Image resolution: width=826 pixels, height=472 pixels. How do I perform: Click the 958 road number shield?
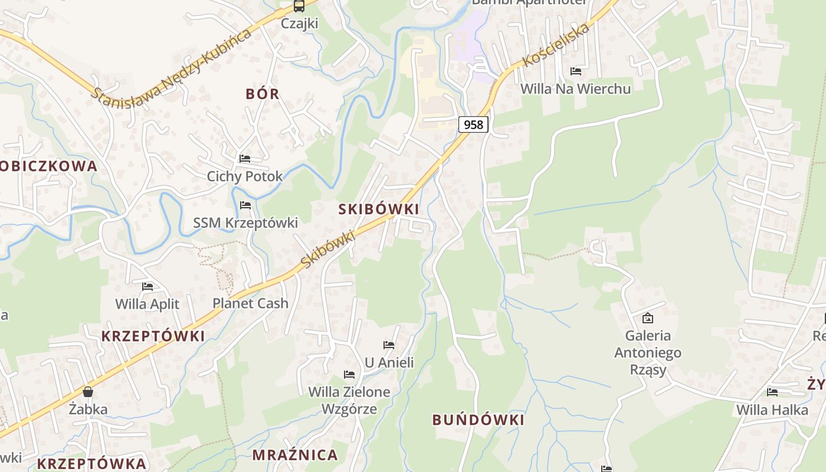[x=473, y=124]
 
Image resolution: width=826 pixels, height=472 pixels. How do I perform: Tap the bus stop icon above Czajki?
[x=299, y=6]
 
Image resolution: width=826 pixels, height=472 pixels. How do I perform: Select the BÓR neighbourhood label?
[x=263, y=94]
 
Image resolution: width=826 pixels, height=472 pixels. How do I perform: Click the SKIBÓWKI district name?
[x=379, y=209]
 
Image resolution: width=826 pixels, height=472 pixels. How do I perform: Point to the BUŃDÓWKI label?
[x=478, y=420]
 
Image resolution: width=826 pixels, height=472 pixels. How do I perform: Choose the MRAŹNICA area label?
[x=295, y=455]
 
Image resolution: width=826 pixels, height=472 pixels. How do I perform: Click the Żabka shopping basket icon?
[x=88, y=392]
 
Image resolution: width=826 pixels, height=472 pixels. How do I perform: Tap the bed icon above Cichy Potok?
[x=245, y=159]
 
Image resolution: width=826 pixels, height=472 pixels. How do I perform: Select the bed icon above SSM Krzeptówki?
[x=245, y=205]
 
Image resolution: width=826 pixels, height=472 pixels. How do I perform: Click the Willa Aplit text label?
[x=147, y=304]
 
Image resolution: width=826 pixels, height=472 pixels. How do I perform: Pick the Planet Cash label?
[x=251, y=303]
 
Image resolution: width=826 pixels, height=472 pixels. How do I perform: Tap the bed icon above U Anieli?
[x=389, y=345]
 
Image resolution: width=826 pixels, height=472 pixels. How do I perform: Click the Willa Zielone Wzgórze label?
[x=349, y=400]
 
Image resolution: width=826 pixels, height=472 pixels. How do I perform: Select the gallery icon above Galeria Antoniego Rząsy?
[x=648, y=318]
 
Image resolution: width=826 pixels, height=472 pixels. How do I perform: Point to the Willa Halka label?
[x=772, y=409]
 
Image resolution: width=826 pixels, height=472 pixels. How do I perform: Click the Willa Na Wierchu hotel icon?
[x=576, y=71]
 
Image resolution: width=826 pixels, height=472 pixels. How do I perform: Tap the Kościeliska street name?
[x=556, y=44]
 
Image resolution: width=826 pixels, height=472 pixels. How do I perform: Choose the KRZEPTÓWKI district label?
[x=153, y=336]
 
